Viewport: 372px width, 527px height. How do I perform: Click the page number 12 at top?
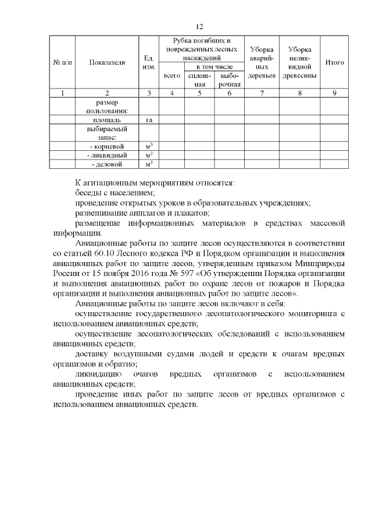click(198, 27)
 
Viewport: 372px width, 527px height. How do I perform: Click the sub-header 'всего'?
click(171, 76)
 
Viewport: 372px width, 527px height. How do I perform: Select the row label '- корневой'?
click(107, 146)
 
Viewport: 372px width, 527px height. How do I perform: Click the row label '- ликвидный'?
click(107, 155)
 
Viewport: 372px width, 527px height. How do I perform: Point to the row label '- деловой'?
click(107, 165)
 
